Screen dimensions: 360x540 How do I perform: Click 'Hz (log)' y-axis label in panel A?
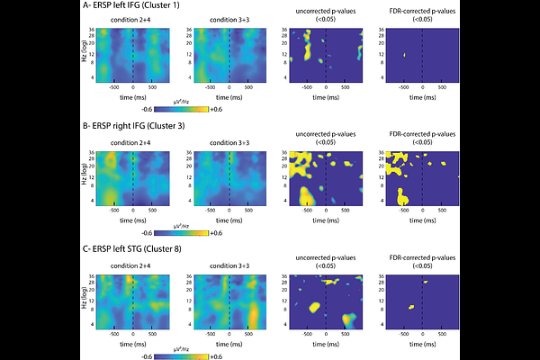point(84,55)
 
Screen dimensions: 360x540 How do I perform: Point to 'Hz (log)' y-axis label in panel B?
point(84,177)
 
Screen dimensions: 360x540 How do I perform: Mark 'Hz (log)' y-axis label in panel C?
point(84,299)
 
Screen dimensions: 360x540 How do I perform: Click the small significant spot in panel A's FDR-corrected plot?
point(405,55)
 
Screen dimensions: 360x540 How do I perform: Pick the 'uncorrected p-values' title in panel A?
point(326,13)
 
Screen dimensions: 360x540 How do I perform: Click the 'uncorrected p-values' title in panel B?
point(326,135)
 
